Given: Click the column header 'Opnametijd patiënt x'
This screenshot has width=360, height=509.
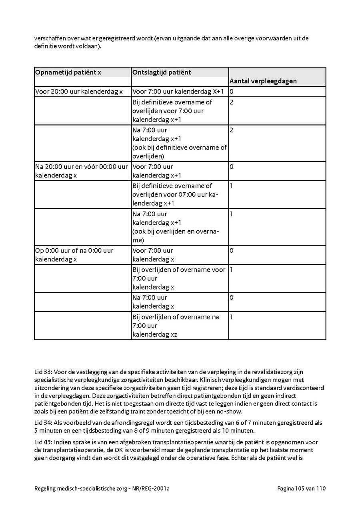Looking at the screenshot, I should click(68, 72).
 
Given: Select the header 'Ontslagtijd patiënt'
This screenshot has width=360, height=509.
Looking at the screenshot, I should click(162, 72).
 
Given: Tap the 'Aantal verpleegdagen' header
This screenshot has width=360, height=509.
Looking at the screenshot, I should click(263, 81).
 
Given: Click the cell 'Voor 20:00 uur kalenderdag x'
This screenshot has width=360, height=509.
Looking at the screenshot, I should click(79, 92).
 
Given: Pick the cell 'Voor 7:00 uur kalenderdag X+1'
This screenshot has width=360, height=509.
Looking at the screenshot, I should click(178, 92).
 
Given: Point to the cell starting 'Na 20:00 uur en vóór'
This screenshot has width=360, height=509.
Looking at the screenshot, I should click(82, 171).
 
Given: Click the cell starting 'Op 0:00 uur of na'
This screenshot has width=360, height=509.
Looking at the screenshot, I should click(74, 255).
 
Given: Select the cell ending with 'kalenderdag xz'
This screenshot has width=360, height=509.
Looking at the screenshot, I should click(176, 325).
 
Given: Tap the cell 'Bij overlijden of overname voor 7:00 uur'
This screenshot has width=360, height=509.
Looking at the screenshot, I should click(179, 278).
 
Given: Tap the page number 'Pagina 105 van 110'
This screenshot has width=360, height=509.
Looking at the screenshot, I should click(301, 489).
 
